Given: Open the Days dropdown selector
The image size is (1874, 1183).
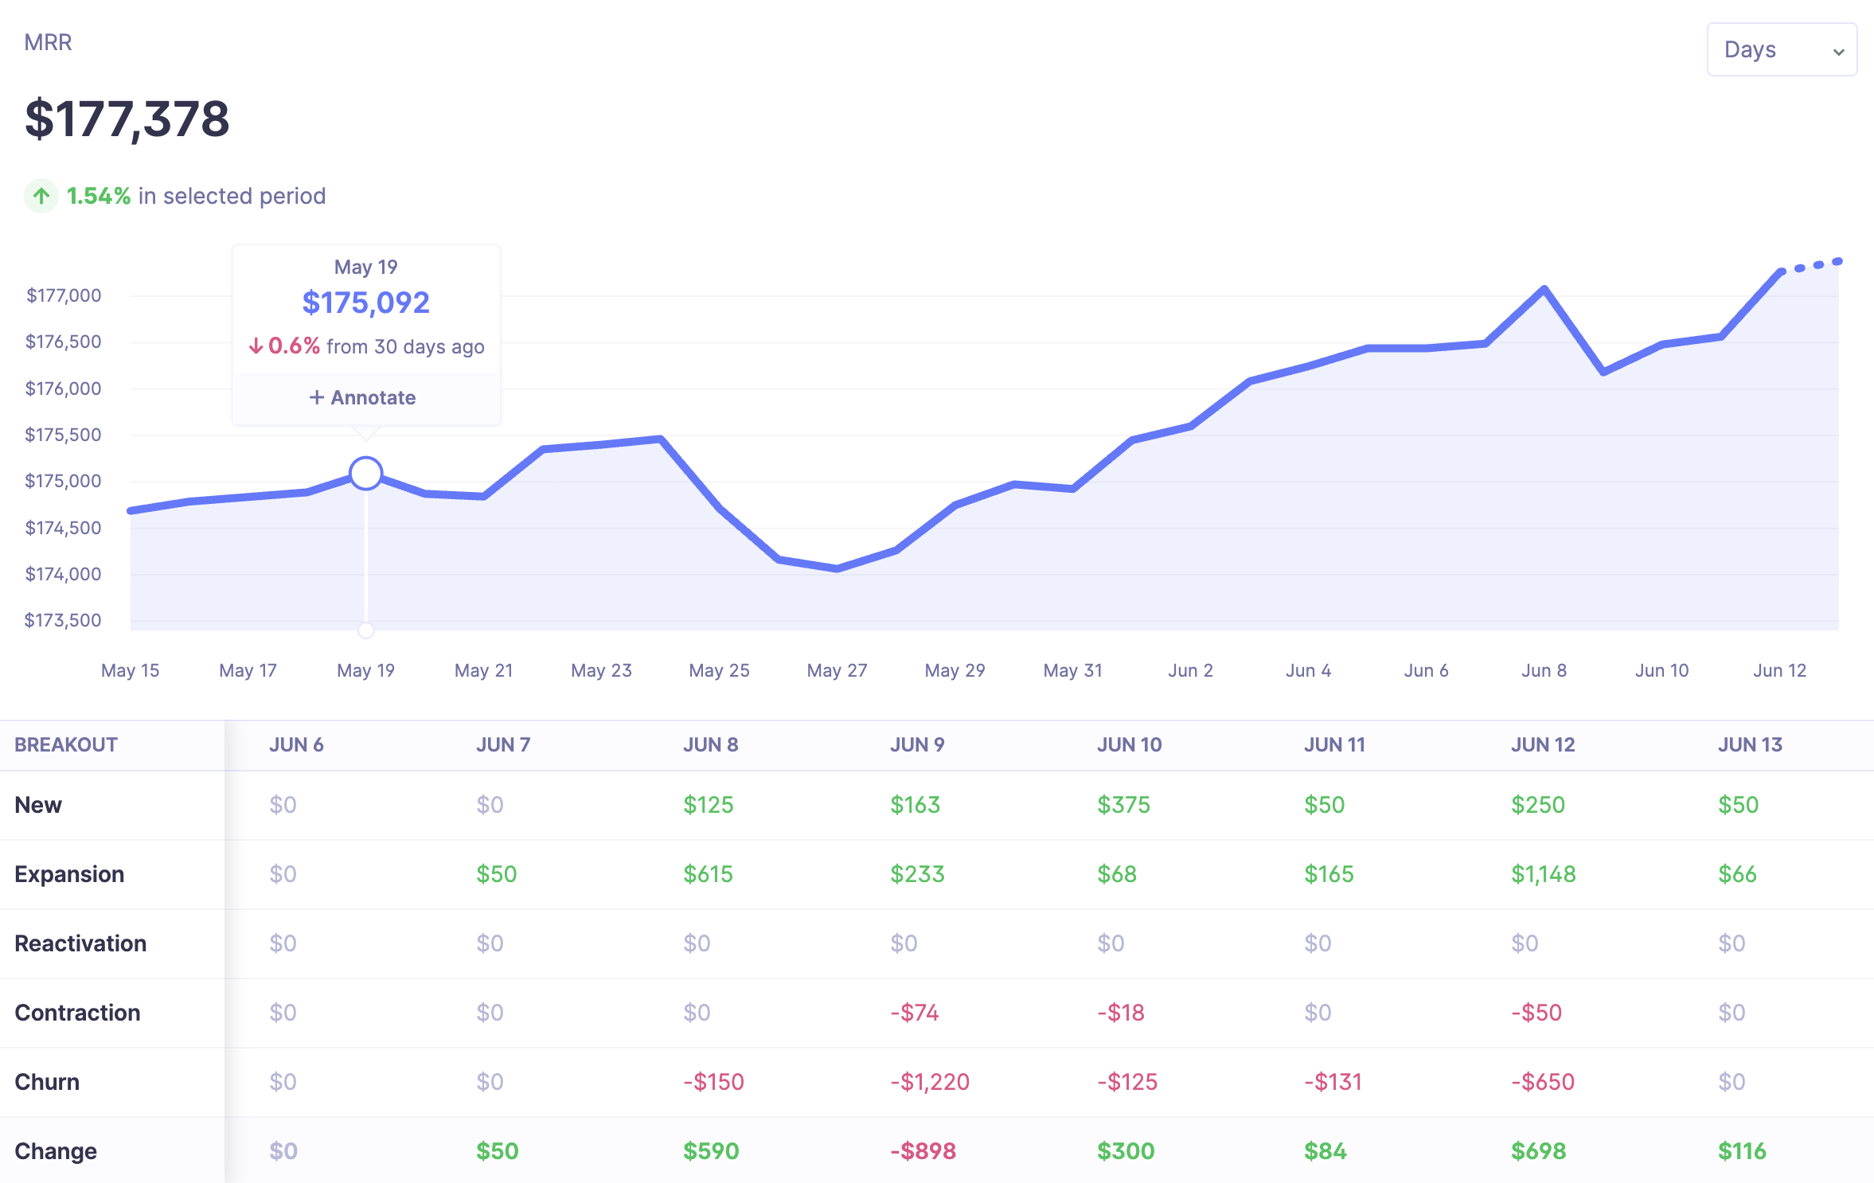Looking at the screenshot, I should [1781, 49].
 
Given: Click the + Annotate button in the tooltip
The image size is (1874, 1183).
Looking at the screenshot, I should [363, 397].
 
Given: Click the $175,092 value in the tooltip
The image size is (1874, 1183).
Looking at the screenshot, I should [365, 303].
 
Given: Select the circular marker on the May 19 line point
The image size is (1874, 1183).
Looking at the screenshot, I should [365, 473].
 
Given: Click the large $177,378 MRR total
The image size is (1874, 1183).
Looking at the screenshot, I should [127, 119].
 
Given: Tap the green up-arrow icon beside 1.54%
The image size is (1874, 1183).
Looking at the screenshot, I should [41, 196].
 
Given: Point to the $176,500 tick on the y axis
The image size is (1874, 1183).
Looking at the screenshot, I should [64, 342].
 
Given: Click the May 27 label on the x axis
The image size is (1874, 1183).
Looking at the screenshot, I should [837, 670].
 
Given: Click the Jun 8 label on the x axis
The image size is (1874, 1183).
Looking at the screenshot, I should [1544, 670].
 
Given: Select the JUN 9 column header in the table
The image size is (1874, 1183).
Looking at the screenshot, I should [917, 744].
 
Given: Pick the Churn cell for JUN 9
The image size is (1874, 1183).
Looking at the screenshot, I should [930, 1082].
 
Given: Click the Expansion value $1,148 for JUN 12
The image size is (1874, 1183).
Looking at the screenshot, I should [1543, 874].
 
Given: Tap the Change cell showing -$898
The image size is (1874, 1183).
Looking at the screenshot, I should [923, 1151].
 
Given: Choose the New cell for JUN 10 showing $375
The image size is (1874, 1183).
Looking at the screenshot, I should [1123, 805].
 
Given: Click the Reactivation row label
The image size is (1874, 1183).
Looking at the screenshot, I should [80, 943].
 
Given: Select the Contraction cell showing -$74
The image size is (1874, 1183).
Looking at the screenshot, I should [914, 1013].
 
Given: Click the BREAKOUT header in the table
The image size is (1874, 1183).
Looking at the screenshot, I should [66, 744].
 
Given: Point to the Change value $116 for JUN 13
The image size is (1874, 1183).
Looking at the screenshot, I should [1742, 1151].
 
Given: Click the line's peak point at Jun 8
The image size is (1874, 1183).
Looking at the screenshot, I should [1544, 289].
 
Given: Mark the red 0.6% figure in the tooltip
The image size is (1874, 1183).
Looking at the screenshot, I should [294, 346].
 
